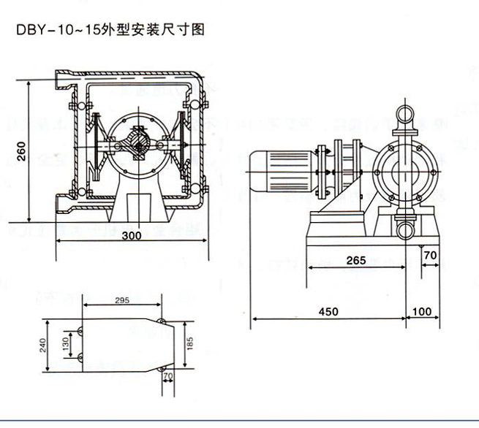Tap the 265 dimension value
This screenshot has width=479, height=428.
tap(355, 261)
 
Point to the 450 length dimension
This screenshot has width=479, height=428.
tap(329, 311)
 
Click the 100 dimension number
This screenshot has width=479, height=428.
tap(422, 311)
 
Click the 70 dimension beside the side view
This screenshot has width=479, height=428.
tap(430, 256)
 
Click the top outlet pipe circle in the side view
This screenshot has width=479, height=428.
tap(404, 114)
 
